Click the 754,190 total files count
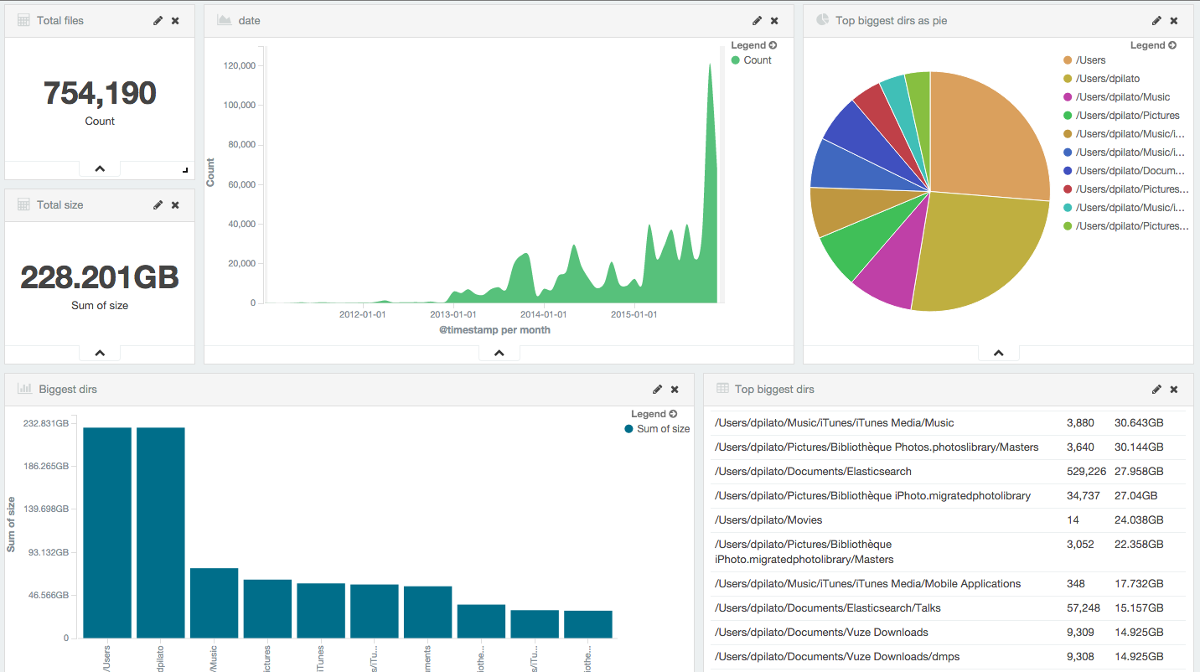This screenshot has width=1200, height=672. [100, 93]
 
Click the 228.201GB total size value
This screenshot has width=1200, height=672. [100, 277]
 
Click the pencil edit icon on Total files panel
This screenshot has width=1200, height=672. [158, 20]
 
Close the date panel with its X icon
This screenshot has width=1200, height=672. [774, 20]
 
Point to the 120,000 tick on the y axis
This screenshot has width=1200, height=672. [241, 65]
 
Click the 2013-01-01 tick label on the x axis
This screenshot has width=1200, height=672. [453, 314]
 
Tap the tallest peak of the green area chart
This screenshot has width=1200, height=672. [710, 67]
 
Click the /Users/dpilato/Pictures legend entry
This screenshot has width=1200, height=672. [1126, 116]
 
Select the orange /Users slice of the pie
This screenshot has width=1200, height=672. [985, 134]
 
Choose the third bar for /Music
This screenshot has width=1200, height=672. [214, 602]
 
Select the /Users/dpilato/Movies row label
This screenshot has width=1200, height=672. [768, 520]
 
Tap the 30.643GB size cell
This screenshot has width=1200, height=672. [1139, 423]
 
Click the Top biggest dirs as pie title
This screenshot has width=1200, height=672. [891, 20]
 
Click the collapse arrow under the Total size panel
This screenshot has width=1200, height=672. [100, 354]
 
